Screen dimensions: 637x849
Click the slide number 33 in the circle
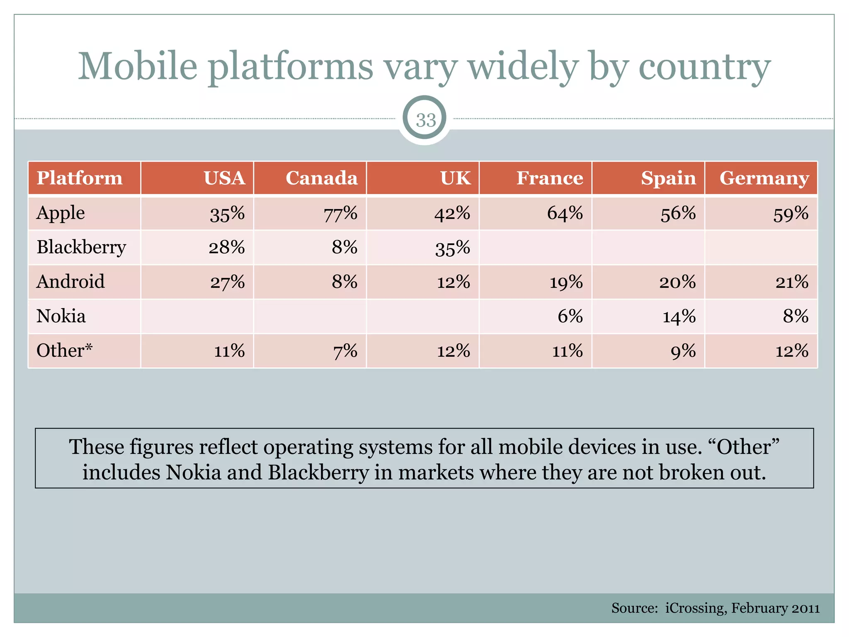coord(425,120)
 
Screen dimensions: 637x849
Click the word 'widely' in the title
coord(523,67)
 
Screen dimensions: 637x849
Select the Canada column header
coord(321,178)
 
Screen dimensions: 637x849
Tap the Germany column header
coord(764,178)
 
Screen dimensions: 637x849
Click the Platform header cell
coord(80,178)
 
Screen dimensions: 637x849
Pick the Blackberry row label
coord(81,247)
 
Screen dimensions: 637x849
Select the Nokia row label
coord(61,316)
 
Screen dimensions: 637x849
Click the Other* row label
coord(64,350)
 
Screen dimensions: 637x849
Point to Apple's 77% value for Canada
coord(340,214)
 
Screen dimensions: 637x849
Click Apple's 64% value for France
coord(565,213)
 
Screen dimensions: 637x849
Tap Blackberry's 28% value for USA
coord(226,248)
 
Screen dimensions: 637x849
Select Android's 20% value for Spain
coord(677,282)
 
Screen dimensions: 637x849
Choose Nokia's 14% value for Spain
coord(679,317)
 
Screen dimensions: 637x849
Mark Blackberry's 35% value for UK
coord(452,248)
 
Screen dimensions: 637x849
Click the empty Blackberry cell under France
coord(535,248)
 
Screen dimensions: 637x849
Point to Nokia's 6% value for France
coord(570,316)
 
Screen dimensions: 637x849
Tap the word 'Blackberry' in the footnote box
coord(318,472)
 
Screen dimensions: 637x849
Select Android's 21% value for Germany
coord(792,282)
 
